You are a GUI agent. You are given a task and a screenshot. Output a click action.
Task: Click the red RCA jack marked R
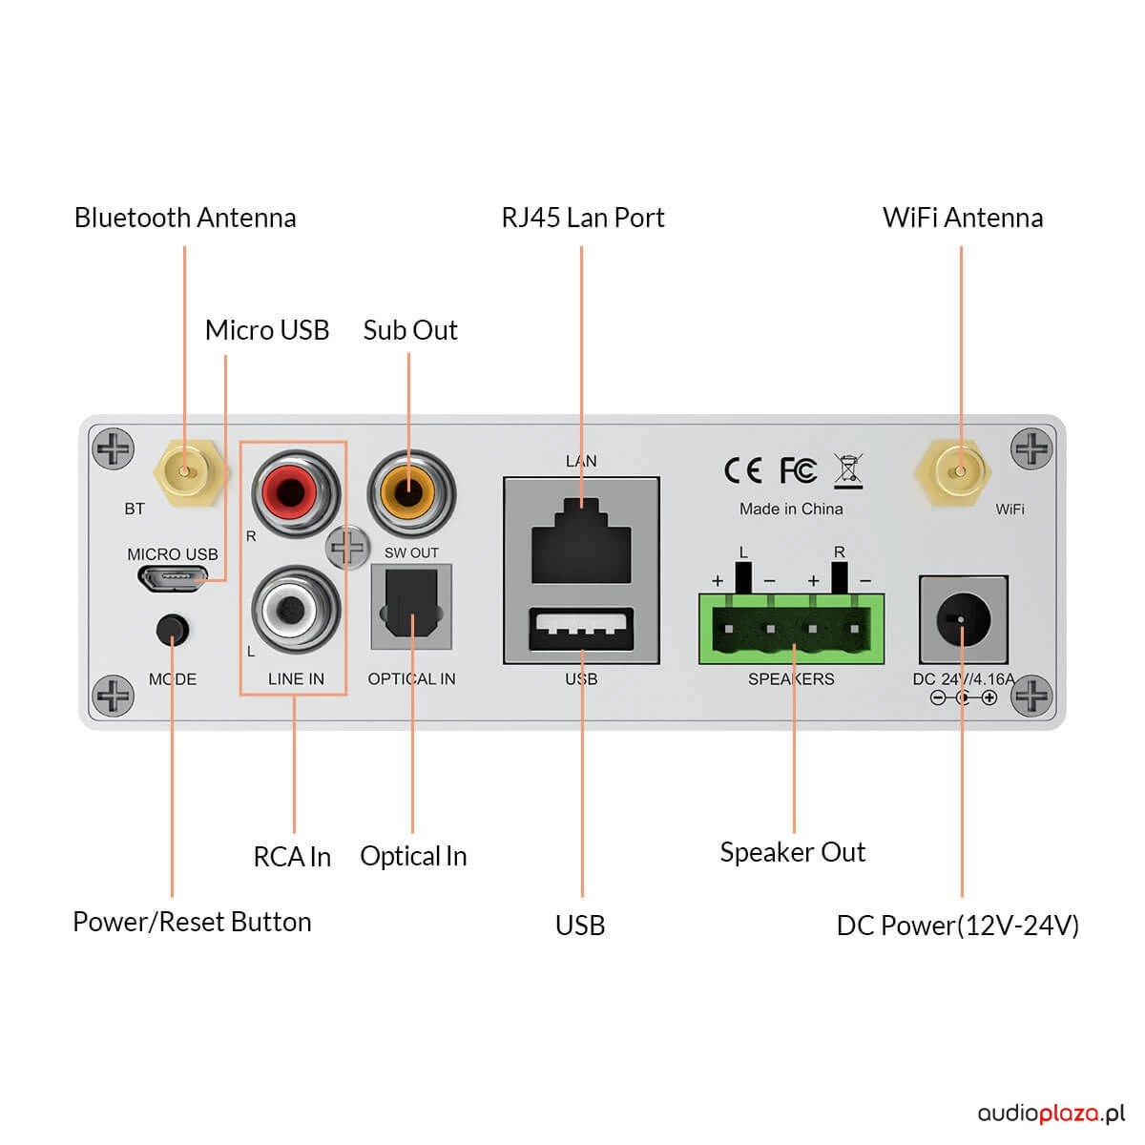point(296,493)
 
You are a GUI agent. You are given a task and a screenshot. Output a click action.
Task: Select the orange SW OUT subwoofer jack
point(411,493)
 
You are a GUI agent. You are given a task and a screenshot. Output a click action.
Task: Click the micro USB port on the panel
point(173,578)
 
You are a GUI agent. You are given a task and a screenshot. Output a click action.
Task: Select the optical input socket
point(411,607)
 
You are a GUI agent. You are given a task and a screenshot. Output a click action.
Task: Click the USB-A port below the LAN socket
point(581,630)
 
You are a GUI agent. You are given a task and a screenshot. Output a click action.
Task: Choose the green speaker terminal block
point(791,630)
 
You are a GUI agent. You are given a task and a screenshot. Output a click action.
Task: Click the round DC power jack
point(963,619)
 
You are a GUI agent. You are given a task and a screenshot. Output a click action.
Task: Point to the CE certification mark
point(742,470)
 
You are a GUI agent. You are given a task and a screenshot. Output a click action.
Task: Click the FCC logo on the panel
point(798,470)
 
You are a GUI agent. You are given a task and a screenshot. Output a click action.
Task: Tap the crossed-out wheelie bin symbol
point(848,470)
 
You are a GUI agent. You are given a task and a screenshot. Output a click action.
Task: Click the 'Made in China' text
point(791,510)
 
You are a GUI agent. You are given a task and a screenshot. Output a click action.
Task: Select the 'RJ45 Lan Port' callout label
point(582,218)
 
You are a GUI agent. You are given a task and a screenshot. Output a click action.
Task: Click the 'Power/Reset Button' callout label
point(192,923)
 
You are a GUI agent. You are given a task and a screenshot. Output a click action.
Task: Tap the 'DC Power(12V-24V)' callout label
point(957,926)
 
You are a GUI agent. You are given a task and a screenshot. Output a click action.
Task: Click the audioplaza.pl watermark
point(1051,1114)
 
